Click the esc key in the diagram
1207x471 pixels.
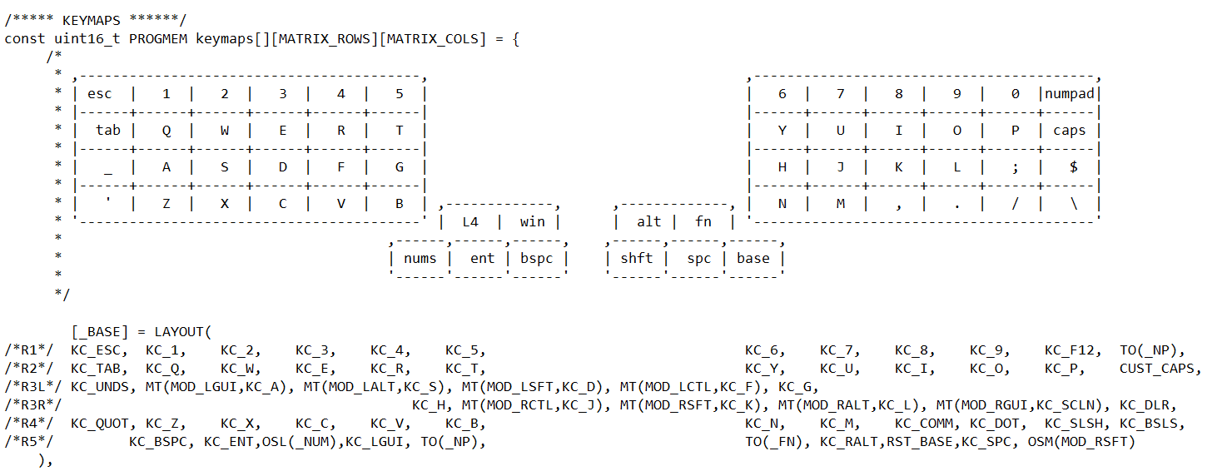[100, 94]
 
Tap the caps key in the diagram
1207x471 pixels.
[1070, 131]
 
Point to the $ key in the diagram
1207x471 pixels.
[1074, 167]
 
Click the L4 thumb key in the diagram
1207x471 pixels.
[470, 222]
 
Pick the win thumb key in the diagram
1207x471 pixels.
[533, 222]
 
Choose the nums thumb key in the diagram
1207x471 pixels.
[420, 259]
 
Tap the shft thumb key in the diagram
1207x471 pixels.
[637, 259]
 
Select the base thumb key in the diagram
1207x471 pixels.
[753, 259]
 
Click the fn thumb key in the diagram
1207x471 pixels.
[703, 222]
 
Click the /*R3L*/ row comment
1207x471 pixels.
[32, 387]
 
